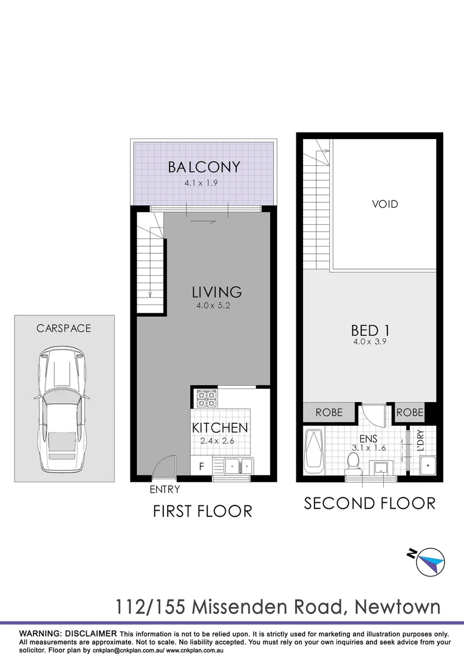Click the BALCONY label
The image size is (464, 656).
pos(203,167)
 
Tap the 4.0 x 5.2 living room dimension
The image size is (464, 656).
pos(213,306)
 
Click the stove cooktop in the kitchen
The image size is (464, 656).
pos(205,398)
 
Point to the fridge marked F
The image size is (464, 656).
pos(201,466)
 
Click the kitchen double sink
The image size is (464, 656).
pos(239,466)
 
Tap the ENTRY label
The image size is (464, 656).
pos(165,489)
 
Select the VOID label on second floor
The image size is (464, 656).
pos(385,204)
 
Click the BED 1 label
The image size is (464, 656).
pos(370,330)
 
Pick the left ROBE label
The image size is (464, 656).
pos(329,412)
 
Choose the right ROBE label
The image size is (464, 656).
pos(409,412)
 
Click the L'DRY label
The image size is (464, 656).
pos(420,440)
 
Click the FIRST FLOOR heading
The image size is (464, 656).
pos(202,511)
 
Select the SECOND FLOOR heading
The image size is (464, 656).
pos(369,504)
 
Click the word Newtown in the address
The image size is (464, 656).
pos(397,607)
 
